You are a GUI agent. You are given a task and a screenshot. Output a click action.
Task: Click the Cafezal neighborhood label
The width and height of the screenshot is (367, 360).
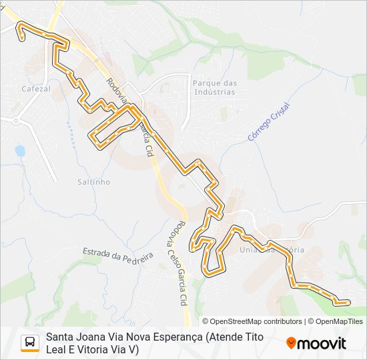tap(36, 88)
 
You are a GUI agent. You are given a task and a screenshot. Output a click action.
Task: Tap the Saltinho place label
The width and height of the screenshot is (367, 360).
tap(93, 181)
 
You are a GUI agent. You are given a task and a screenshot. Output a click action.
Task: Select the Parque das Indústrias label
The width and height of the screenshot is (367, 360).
tap(214, 87)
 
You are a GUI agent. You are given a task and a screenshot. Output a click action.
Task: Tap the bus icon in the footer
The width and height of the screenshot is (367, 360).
tap(30, 343)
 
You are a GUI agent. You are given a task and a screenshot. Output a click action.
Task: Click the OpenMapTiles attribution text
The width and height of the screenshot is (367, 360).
tap(338, 321)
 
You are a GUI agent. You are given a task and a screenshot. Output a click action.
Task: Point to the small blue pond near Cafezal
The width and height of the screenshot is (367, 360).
tap(20, 151)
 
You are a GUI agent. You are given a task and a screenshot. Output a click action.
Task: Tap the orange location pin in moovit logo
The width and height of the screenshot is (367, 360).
tap(291, 343)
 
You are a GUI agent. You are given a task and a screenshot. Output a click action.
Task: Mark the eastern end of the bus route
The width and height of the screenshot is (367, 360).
tap(347, 302)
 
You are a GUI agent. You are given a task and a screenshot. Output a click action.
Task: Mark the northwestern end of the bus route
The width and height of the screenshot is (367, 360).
tap(22, 38)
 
